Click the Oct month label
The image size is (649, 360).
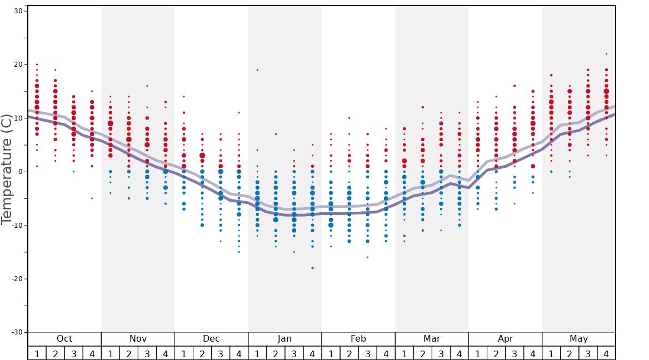pyautogui.click(x=64, y=339)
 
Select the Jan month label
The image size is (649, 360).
pyautogui.click(x=284, y=339)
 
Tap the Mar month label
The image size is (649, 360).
pyautogui.click(x=432, y=339)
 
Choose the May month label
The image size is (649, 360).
pyautogui.click(x=578, y=339)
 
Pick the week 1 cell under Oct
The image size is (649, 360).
pyautogui.click(x=37, y=353)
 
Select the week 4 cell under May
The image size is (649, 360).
pyautogui.click(x=606, y=353)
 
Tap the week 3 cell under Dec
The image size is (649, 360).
pyautogui.click(x=221, y=353)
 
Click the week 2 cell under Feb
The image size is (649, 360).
pyautogui.click(x=349, y=353)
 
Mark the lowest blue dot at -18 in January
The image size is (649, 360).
pyautogui.click(x=312, y=268)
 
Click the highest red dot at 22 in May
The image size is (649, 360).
pyautogui.click(x=606, y=54)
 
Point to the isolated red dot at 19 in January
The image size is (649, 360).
pyautogui.click(x=257, y=70)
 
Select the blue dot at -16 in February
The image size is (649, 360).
pyautogui.click(x=367, y=257)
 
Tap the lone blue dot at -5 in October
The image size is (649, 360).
pyautogui.click(x=92, y=198)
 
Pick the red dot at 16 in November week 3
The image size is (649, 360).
pyautogui.click(x=147, y=86)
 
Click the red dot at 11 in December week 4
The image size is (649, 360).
pyautogui.click(x=239, y=113)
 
